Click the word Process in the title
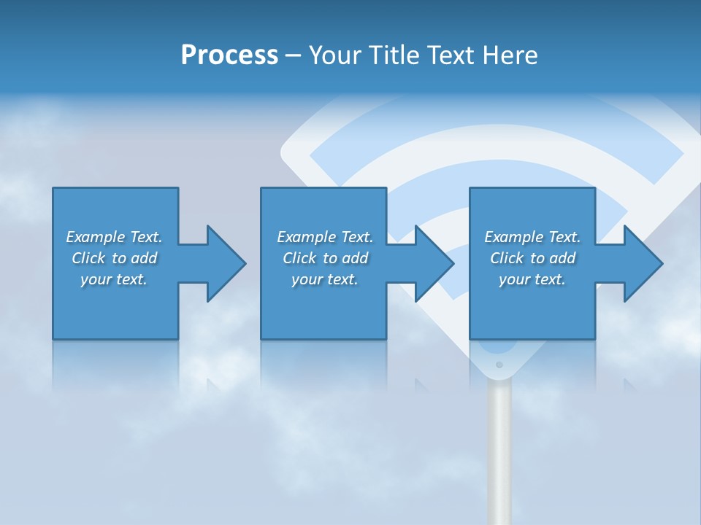pyautogui.click(x=229, y=55)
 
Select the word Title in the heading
pyautogui.click(x=396, y=55)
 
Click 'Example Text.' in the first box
pyautogui.click(x=114, y=237)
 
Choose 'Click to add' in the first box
pyautogui.click(x=114, y=258)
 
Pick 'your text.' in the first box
pyautogui.click(x=114, y=279)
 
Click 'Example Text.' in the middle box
pyautogui.click(x=325, y=237)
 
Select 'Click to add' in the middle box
pyautogui.click(x=325, y=258)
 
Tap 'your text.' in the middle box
pyautogui.click(x=325, y=279)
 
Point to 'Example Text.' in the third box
pyautogui.click(x=532, y=237)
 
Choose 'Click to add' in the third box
pyautogui.click(x=532, y=258)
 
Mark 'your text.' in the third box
pyautogui.click(x=532, y=279)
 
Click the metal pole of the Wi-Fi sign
pyautogui.click(x=499, y=452)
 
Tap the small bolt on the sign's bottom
pyautogui.click(x=499, y=364)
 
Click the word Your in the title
pyautogui.click(x=336, y=55)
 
